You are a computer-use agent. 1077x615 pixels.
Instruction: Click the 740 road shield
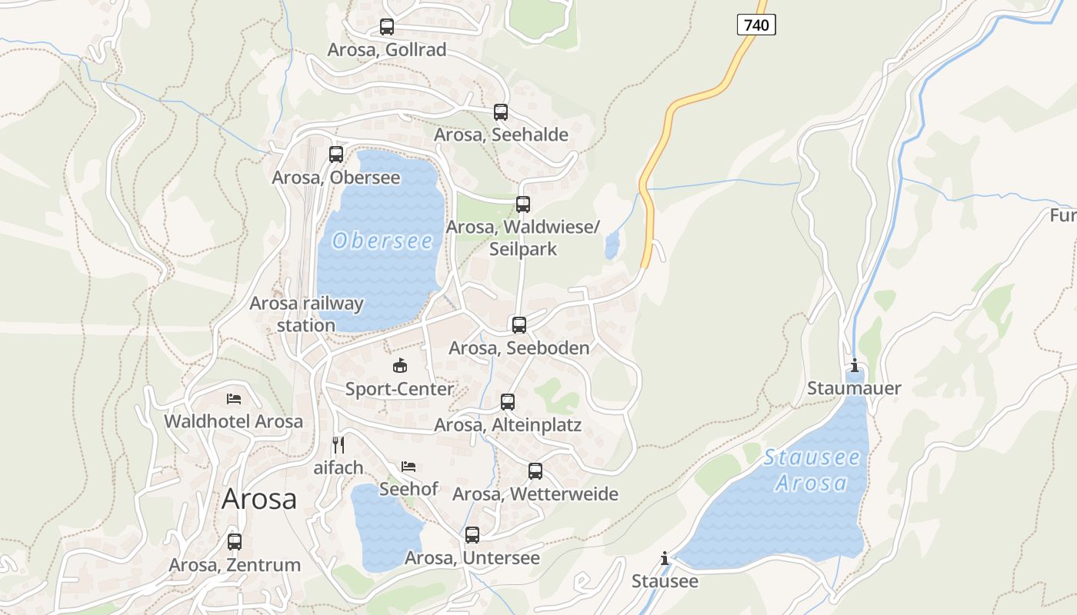(756, 25)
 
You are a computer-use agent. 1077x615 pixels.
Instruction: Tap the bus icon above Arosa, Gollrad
(387, 27)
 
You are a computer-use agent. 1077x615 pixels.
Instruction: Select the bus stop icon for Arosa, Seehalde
(501, 112)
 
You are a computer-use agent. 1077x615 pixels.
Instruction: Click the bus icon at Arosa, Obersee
(336, 155)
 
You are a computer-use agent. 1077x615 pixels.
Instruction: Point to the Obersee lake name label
(382, 241)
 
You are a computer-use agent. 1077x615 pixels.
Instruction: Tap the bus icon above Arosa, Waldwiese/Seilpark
(523, 204)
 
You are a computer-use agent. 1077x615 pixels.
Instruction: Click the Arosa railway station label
(306, 314)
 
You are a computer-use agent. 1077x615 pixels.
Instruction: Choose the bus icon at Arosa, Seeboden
(519, 325)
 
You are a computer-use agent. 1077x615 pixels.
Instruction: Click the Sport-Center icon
(399, 366)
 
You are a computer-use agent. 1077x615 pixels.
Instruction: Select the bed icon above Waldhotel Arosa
(234, 399)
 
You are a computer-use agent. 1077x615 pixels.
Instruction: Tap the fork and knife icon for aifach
(338, 444)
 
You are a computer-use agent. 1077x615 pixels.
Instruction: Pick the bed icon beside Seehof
(408, 467)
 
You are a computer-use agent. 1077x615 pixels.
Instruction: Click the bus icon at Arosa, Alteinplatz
(508, 402)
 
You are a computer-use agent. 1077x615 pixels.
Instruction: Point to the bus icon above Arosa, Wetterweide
(535, 471)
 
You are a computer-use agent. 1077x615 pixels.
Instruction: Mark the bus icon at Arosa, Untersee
(472, 535)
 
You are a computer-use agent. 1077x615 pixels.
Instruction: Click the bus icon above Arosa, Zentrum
(235, 542)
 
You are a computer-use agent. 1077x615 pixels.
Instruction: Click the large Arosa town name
(259, 499)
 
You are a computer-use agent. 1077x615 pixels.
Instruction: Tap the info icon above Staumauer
(854, 365)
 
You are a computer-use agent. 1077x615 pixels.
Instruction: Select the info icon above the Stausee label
(665, 558)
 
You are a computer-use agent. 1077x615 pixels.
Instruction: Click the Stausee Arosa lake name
(812, 470)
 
